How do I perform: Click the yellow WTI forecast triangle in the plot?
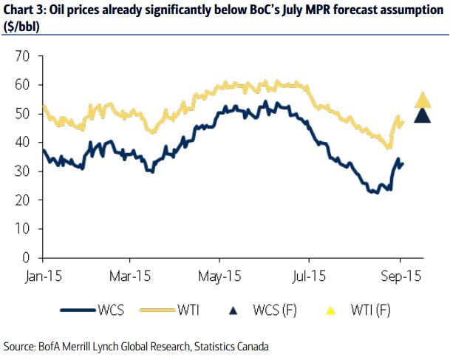[x=423, y=101]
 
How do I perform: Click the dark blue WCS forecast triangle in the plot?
[x=423, y=115]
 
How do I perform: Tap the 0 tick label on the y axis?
[x=27, y=258]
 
